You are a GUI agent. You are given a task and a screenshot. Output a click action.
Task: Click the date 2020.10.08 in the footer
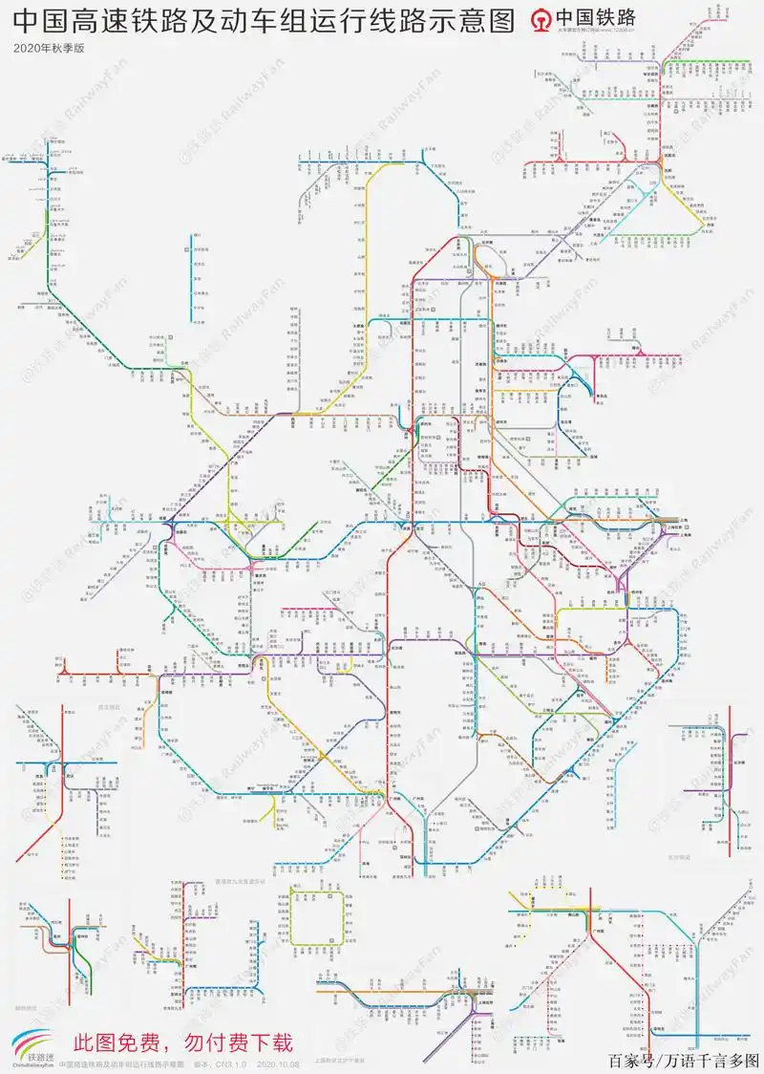[279, 1063]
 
